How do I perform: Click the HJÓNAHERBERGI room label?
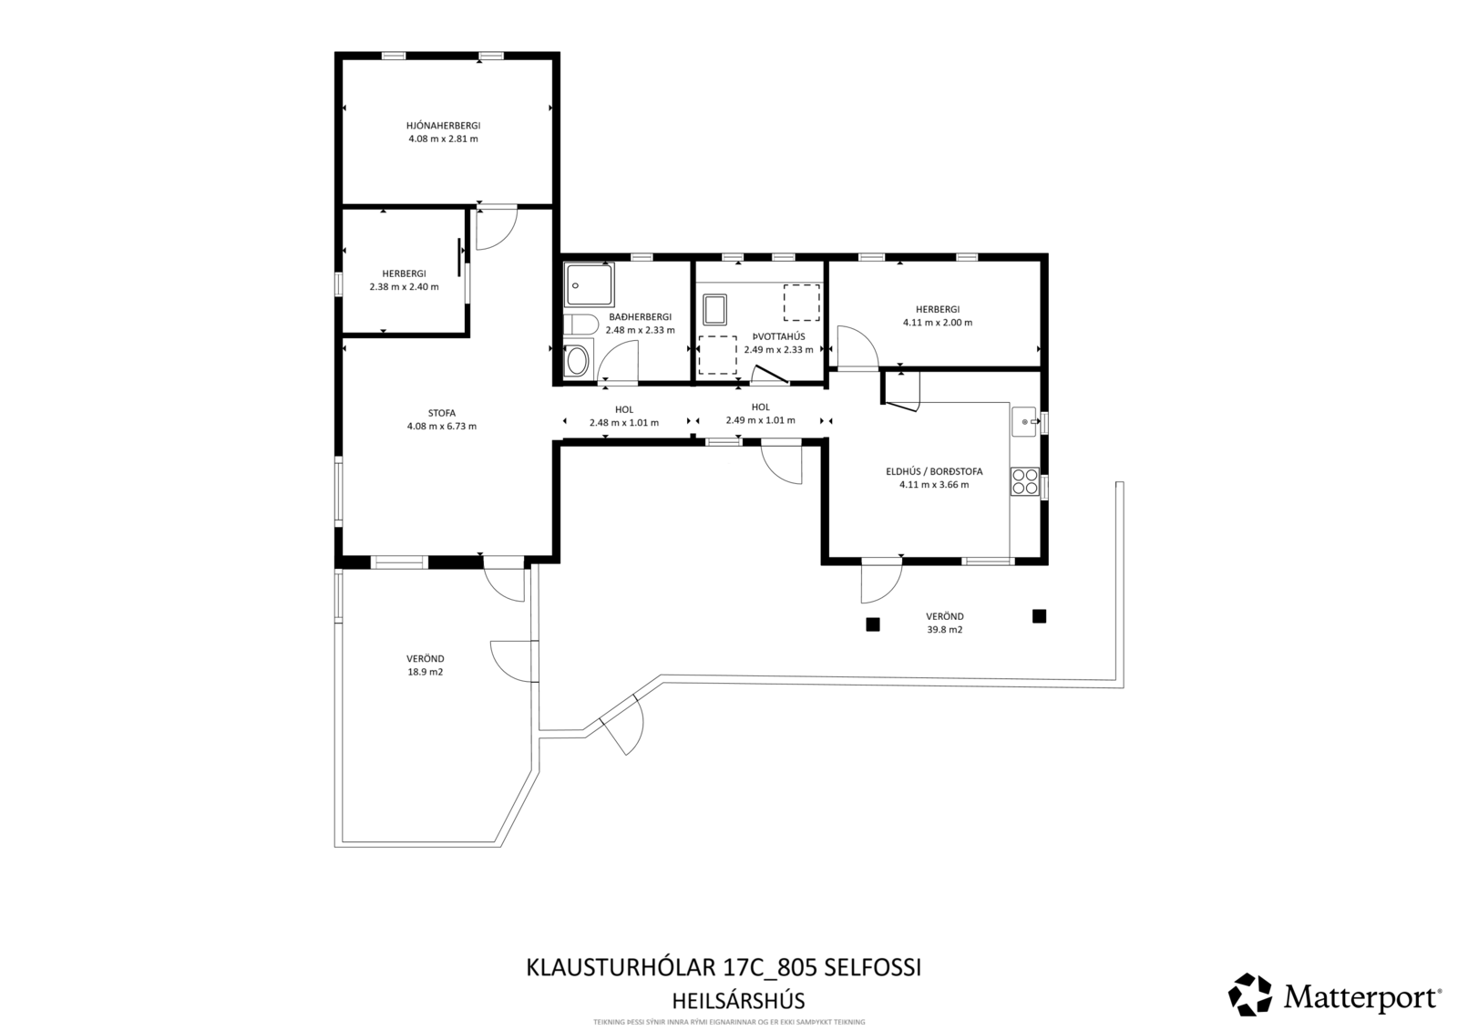click(443, 125)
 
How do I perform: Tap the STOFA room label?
click(442, 412)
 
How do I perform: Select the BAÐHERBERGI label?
click(640, 316)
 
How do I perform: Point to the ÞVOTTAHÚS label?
click(778, 335)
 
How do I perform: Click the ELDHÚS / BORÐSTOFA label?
click(934, 471)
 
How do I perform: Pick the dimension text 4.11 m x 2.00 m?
click(937, 323)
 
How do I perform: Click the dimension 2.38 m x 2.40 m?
click(404, 286)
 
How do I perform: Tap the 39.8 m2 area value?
click(944, 630)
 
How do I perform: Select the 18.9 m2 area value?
click(425, 672)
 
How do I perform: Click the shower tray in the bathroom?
click(589, 284)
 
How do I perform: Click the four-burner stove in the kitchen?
click(1024, 480)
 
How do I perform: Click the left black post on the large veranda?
click(872, 624)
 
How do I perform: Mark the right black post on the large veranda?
click(1039, 616)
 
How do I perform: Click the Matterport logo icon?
click(1250, 995)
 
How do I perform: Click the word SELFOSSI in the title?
click(873, 967)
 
